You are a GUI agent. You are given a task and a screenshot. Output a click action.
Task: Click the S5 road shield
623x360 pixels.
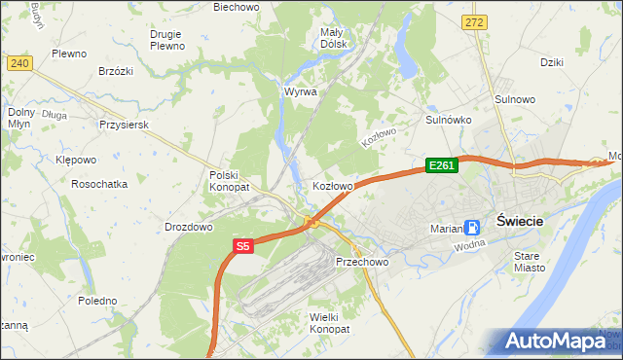tap(242, 247)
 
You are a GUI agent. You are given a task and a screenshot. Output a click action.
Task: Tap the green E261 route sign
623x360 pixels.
tap(441, 165)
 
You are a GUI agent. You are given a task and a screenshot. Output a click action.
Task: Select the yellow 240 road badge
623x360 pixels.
tap(19, 62)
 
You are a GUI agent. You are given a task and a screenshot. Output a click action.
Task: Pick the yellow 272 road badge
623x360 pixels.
tap(474, 21)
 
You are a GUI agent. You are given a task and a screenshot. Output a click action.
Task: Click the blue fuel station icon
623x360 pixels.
tap(472, 228)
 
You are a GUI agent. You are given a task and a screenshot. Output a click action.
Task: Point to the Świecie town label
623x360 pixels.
tap(519, 221)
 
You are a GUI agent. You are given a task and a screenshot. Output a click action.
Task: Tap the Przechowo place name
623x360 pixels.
tap(362, 263)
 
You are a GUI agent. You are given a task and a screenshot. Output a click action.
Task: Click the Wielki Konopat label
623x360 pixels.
tap(328, 323)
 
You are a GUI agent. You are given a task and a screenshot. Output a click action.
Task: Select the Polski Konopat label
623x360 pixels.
tap(230, 180)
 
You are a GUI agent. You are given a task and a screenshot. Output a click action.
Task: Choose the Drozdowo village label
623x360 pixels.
tap(189, 227)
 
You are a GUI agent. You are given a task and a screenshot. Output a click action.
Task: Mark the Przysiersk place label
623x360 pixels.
tap(123, 125)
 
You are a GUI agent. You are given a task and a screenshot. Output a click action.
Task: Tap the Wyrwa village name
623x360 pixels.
tap(300, 91)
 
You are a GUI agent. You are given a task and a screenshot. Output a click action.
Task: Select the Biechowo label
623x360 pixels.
tap(237, 7)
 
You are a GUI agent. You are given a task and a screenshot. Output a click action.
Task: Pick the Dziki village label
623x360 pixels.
tap(552, 61)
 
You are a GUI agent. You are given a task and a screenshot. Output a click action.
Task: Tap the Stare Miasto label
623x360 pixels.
tap(531, 261)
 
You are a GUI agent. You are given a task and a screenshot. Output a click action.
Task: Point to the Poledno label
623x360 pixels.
tap(97, 301)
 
